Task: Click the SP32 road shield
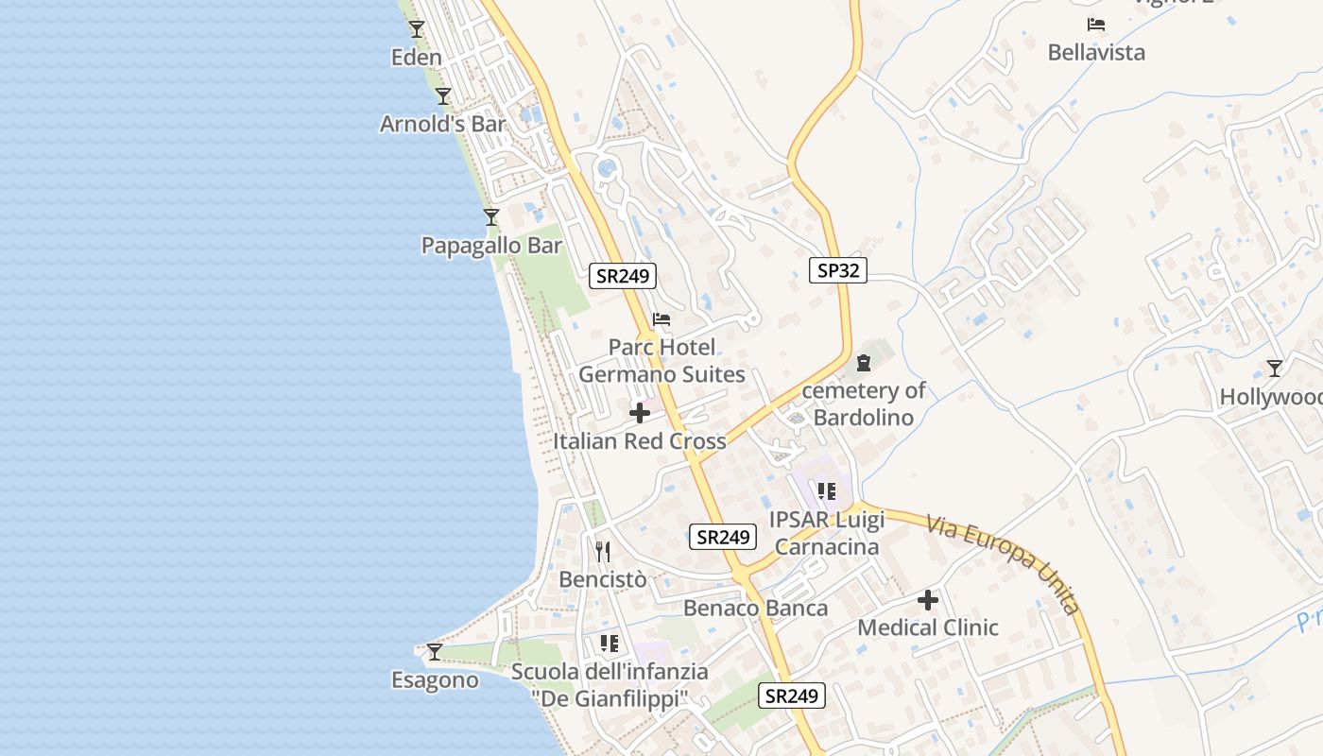[x=838, y=271]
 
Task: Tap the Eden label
[x=417, y=58]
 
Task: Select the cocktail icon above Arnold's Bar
[x=443, y=95]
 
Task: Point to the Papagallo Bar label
[x=491, y=246]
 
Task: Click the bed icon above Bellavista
[x=1096, y=25]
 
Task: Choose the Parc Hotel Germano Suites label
[x=661, y=361]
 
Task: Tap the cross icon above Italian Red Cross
[x=640, y=413]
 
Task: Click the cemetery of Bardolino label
[x=864, y=404]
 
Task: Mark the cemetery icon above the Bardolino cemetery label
[x=863, y=362]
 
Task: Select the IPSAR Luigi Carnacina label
[x=827, y=533]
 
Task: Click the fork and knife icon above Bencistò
[x=603, y=551]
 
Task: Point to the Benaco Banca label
[x=756, y=608]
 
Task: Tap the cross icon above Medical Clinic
[x=928, y=599]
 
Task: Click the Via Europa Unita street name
[x=1003, y=563]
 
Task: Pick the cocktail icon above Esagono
[x=435, y=651]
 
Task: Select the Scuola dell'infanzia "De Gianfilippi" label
[x=610, y=685]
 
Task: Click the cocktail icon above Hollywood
[x=1275, y=368]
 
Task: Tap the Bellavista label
[x=1096, y=53]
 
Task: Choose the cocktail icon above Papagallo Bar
[x=491, y=216]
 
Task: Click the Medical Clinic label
[x=928, y=627]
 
